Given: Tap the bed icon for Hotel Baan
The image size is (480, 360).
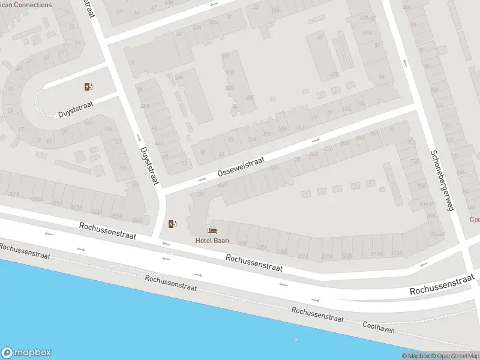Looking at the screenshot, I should [211, 230].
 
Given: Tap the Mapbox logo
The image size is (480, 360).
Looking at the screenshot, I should [26, 353].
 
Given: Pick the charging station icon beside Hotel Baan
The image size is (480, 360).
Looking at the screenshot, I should [173, 224].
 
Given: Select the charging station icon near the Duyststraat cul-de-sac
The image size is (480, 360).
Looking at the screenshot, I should [89, 86].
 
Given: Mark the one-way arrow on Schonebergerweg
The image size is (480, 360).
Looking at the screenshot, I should [405, 62].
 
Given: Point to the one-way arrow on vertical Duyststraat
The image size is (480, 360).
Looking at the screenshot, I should [139, 138].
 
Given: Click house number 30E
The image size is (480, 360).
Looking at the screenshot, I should [250, 98].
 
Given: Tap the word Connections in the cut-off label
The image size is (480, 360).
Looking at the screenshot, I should [29, 5].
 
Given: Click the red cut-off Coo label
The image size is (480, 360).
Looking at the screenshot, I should [474, 220].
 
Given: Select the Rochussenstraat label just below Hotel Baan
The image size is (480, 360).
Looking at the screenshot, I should [254, 262].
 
